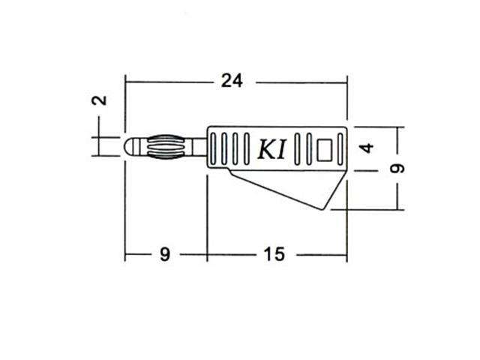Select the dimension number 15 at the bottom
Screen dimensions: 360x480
pyautogui.click(x=274, y=254)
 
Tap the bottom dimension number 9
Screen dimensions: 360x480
pyautogui.click(x=165, y=254)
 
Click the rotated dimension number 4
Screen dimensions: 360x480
pyautogui.click(x=367, y=148)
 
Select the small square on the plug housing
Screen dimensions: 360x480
pyautogui.click(x=326, y=148)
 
